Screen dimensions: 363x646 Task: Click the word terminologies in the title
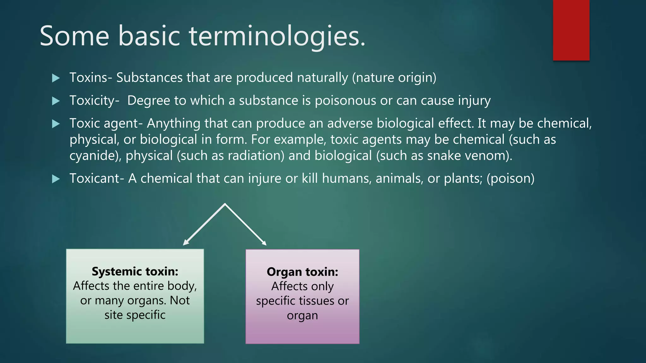click(x=277, y=36)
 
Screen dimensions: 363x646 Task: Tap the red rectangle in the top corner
click(x=571, y=30)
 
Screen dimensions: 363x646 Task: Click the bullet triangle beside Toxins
click(x=56, y=78)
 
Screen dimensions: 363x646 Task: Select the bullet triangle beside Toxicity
click(x=56, y=101)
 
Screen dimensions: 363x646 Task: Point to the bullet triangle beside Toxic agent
click(x=56, y=124)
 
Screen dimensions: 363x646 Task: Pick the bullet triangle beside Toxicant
click(x=56, y=179)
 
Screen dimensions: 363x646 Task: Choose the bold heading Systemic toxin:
click(x=135, y=271)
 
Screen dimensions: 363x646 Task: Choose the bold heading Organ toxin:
click(x=302, y=272)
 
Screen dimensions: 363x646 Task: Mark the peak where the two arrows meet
click(x=225, y=205)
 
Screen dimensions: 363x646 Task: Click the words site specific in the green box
click(x=135, y=315)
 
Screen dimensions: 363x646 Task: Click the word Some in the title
click(x=74, y=36)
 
